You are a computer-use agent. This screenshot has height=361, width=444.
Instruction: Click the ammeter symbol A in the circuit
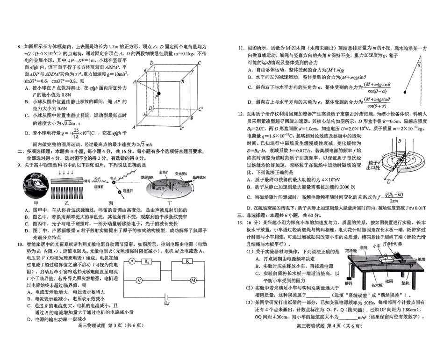[x=132, y=261]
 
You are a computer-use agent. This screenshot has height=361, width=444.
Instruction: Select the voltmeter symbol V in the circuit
[x=139, y=280]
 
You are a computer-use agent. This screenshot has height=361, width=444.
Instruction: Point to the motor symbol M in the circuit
[x=193, y=280]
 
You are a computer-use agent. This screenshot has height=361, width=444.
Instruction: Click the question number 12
[x=241, y=114]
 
